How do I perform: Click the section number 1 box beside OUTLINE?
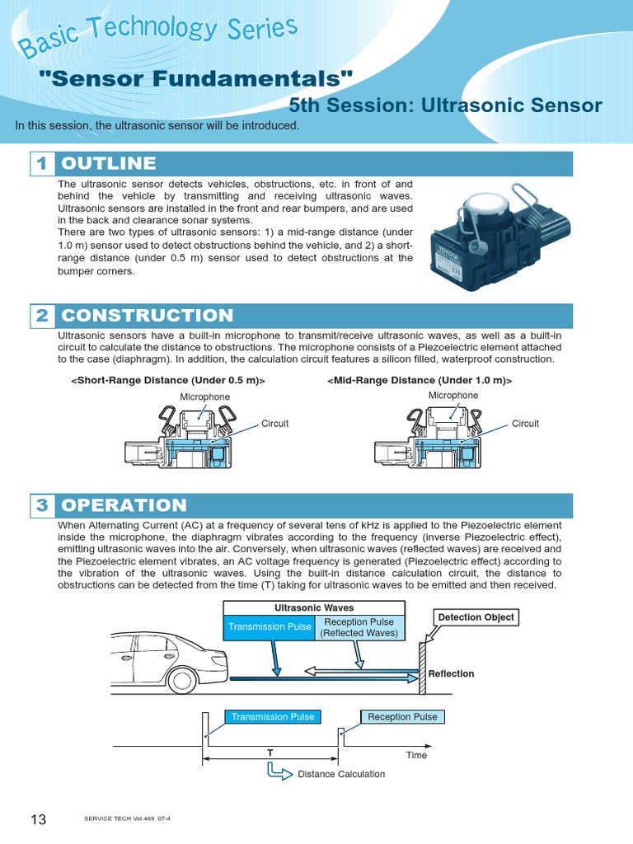click(x=43, y=163)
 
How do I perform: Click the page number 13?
click(x=38, y=818)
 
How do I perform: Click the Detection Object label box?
click(x=476, y=617)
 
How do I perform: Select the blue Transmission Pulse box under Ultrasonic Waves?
click(x=270, y=627)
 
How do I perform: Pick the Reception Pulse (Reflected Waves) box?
click(x=359, y=627)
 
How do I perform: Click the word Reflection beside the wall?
click(x=452, y=673)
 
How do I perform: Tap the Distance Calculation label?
click(x=340, y=774)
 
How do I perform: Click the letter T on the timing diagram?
click(x=270, y=753)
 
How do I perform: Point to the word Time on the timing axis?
click(x=416, y=755)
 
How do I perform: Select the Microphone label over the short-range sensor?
click(x=205, y=397)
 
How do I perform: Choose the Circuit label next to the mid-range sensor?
click(x=525, y=424)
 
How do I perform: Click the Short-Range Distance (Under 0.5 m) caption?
click(x=168, y=380)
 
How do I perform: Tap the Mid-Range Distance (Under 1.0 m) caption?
click(x=420, y=380)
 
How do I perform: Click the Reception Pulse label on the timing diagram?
click(x=402, y=717)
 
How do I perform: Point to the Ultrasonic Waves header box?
click(x=314, y=607)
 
